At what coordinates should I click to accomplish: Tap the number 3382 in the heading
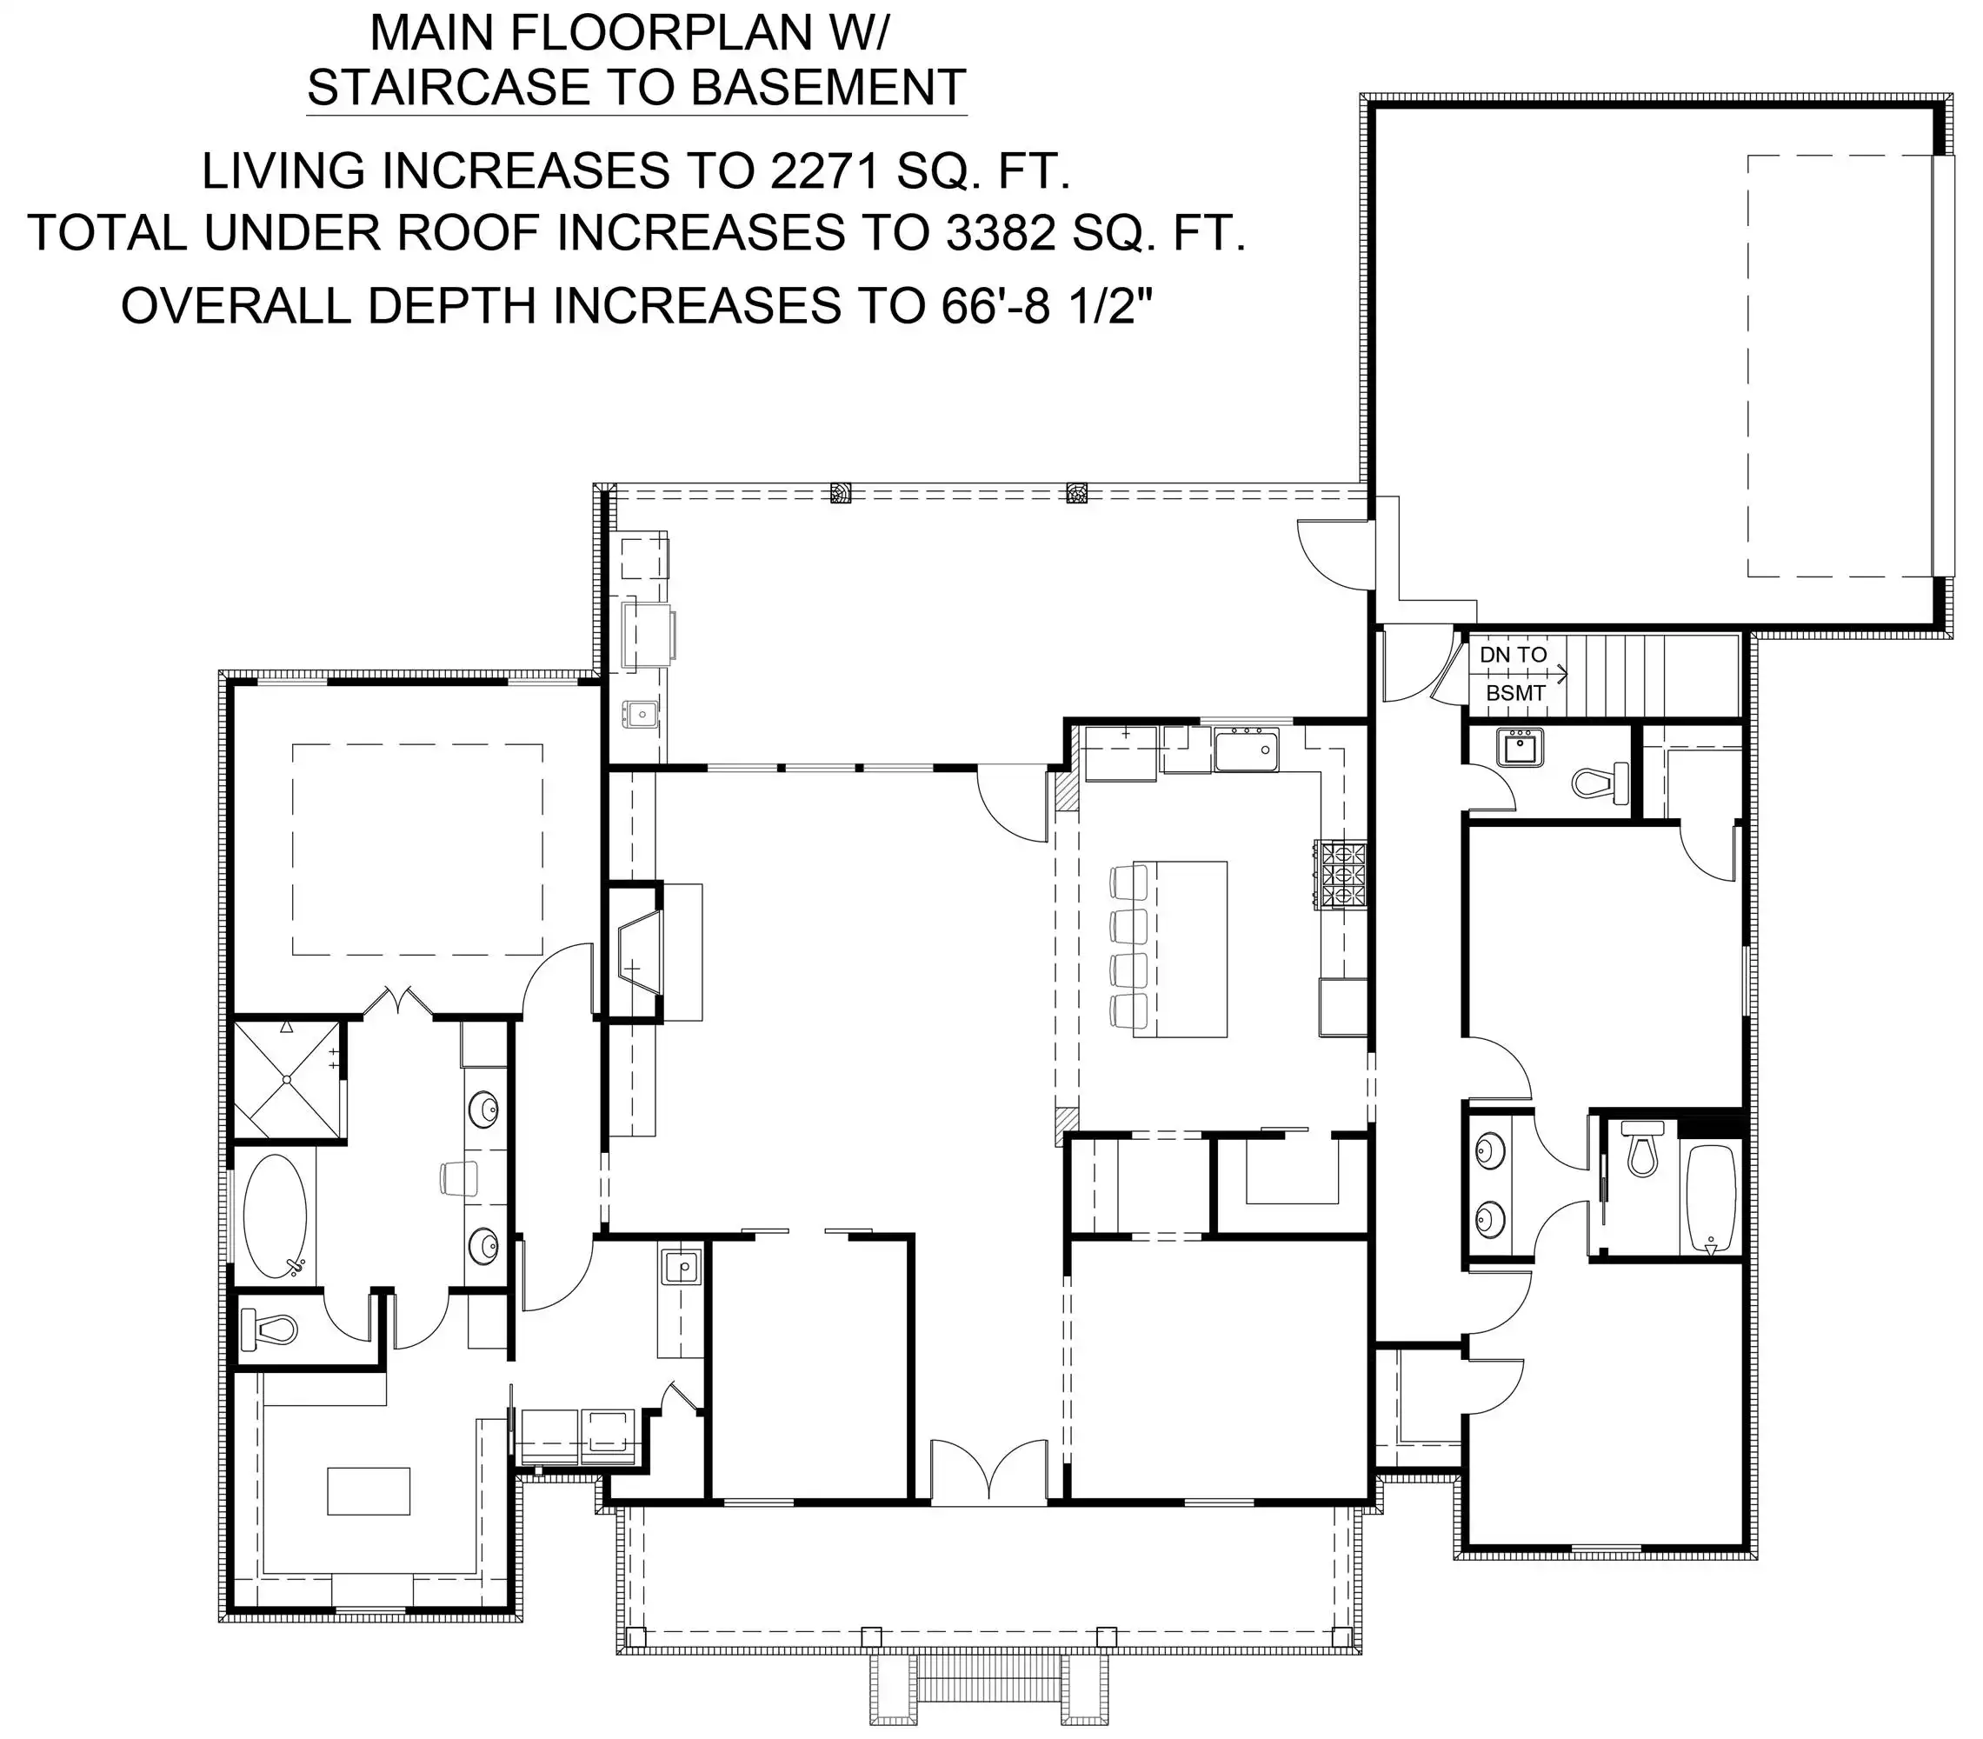1001,233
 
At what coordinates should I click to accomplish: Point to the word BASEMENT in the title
828,87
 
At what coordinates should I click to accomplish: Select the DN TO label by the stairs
1513,655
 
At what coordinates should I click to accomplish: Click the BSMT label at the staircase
1515,694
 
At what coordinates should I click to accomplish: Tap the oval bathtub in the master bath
276,1216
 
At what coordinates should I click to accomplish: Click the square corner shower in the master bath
287,1079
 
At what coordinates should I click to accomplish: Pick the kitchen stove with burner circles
1340,875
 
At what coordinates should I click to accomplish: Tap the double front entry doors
988,1473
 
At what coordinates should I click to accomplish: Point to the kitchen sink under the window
1247,752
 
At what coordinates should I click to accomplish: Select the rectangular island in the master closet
369,1490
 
